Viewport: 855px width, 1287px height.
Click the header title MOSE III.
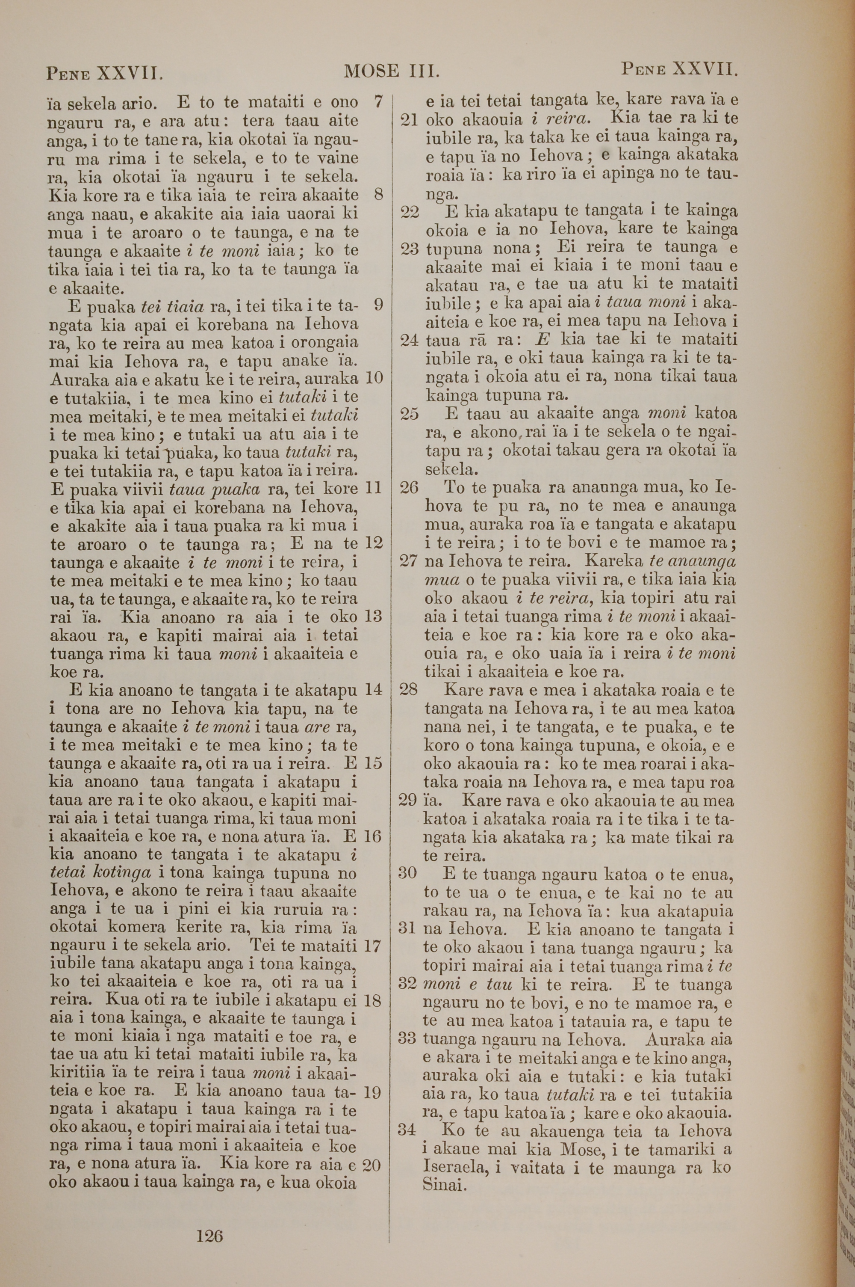click(x=392, y=71)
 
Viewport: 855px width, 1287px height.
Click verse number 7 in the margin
click(x=378, y=101)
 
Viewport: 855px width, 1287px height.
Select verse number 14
click(x=374, y=690)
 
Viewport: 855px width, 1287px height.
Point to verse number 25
click(x=409, y=414)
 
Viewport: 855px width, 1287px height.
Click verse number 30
click(x=408, y=873)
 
